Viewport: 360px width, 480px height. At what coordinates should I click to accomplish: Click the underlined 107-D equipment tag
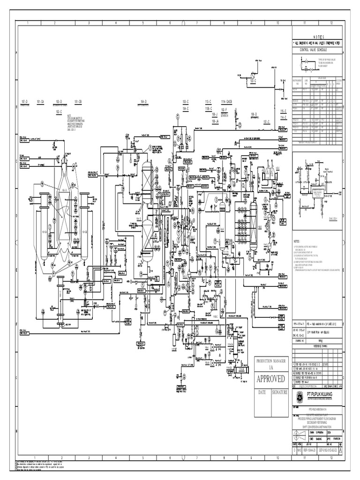(x=25, y=101)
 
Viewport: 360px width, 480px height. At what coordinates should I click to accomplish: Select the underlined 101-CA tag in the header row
(x=39, y=101)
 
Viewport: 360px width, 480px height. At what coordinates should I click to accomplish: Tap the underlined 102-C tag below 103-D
(x=59, y=112)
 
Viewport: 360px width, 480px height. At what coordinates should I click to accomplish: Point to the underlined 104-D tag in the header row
(x=143, y=101)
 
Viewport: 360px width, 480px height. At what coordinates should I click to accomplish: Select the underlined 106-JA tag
(x=216, y=121)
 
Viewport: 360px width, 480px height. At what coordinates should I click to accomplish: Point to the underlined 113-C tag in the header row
(x=208, y=101)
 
